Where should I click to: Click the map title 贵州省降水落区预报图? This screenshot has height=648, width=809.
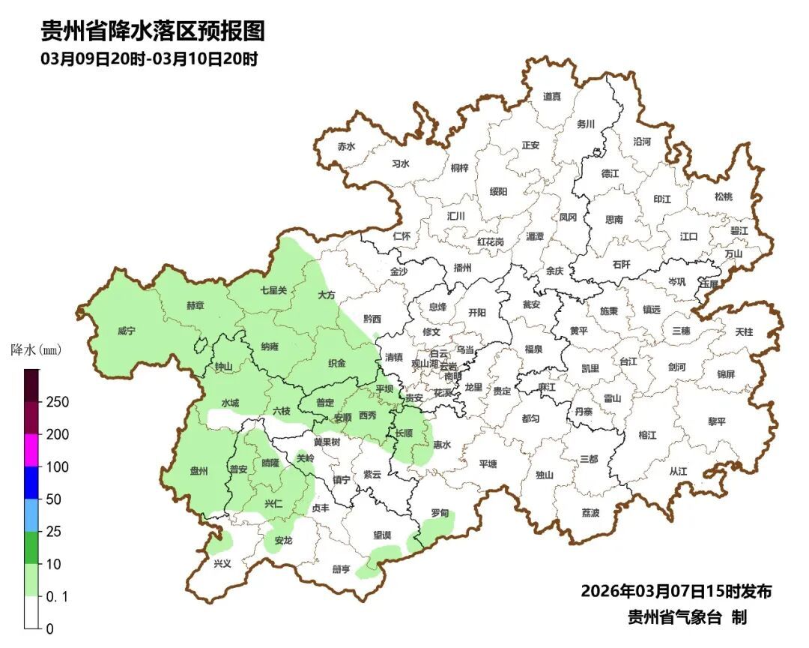coord(153,32)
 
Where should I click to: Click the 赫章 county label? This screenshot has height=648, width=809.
coord(195,306)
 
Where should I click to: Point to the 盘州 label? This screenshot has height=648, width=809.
coord(199,470)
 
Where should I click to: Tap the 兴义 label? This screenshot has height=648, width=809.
coord(222,563)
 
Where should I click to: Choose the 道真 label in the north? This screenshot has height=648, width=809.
coord(552,97)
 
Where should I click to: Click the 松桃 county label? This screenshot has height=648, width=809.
coord(723,196)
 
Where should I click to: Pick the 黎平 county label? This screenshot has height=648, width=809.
coord(717,421)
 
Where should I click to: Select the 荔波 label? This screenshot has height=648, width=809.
coord(590,513)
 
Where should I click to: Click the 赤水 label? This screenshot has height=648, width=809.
coord(345,147)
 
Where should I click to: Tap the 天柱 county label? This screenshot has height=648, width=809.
coord(744,331)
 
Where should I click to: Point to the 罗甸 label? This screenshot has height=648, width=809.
coord(440,514)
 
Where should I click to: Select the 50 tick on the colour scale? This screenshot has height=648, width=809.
coord(53,499)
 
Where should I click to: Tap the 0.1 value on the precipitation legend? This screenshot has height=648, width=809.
coord(57,597)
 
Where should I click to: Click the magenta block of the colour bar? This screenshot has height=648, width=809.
coord(32,450)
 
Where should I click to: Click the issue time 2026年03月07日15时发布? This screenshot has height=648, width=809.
coord(676,591)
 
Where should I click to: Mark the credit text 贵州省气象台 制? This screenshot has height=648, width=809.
coord(686,618)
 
